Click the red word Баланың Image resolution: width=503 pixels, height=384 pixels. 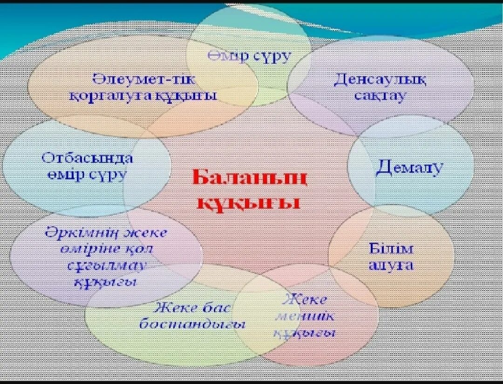[x=250, y=178]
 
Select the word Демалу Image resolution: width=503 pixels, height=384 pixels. [x=409, y=167]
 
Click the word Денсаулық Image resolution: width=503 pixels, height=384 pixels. [x=380, y=79]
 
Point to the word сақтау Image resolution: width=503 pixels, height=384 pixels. [x=380, y=96]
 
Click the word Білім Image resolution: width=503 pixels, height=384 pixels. [x=391, y=248]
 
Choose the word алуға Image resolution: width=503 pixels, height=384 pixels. [x=391, y=265]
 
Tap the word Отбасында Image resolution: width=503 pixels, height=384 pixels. [x=87, y=158]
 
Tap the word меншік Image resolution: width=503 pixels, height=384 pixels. [x=305, y=316]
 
